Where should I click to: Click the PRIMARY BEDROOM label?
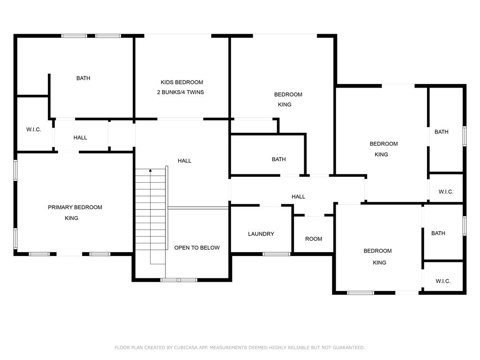pos(75,207)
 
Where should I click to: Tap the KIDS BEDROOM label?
pos(182,82)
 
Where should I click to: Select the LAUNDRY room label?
pos(261,234)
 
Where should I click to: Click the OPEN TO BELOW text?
pos(197,247)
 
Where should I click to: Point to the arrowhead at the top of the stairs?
pos(150,170)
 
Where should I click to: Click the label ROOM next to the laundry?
pos(314,239)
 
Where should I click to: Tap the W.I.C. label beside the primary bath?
pos(34,129)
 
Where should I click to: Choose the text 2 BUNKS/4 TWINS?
pos(180,92)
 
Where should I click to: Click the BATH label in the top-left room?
pos(83,78)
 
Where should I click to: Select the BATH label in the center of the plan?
pos(278,159)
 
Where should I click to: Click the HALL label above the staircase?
pos(185,161)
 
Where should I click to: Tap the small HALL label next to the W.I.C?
pos(80,138)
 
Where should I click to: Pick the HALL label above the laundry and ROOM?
pos(298,196)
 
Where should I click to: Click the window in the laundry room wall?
pos(277,254)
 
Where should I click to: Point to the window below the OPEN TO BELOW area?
pos(179,280)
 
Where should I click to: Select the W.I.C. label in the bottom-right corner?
pos(443,281)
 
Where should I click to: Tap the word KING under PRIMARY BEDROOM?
pos(72,218)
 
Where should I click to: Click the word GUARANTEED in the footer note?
pos(349,347)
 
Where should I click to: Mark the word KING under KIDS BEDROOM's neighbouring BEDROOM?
pos(285,105)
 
